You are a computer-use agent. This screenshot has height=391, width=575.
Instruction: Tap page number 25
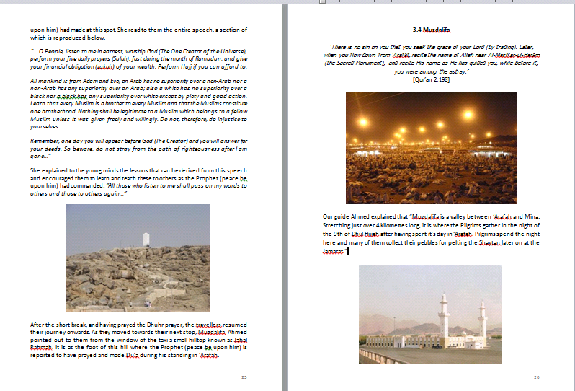click(244, 377)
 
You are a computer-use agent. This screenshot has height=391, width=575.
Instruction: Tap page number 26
click(537, 377)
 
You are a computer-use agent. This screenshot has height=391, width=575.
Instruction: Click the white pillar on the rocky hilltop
click(147, 240)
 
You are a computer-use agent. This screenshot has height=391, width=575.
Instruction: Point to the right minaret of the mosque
click(481, 317)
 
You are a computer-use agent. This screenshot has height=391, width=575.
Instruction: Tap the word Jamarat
click(334, 250)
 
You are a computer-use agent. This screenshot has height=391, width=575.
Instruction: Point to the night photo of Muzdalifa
click(431, 142)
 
